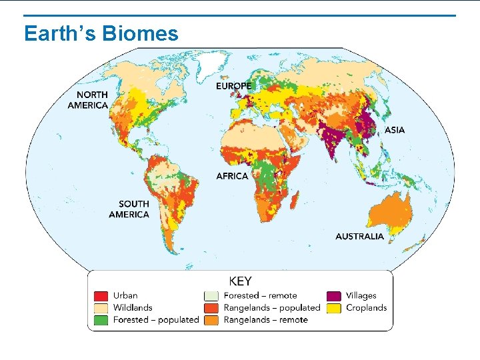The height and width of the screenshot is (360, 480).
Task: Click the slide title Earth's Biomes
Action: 101,33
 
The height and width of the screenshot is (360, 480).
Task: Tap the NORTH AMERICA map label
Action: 87,100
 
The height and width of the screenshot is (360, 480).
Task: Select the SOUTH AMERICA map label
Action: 129,209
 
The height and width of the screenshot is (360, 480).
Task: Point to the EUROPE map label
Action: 233,86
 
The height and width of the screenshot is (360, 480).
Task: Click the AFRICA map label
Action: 232,176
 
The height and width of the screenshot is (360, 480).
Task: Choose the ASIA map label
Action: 394,130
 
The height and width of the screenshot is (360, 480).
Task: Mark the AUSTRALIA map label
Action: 359,236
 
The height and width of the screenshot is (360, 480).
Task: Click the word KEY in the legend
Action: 240,281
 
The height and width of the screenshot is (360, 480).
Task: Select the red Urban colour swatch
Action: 101,296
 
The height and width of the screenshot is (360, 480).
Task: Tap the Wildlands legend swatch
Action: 101,308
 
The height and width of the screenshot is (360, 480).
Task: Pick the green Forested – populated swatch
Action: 101,320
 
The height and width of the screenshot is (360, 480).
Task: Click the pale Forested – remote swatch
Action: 211,296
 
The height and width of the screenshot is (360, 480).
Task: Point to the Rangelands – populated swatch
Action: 211,308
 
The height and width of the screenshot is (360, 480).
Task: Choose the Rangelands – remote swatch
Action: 211,320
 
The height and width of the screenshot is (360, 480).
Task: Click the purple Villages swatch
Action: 333,296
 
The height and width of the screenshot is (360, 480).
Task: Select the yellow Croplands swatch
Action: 333,308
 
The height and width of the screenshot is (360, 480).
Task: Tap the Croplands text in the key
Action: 366,308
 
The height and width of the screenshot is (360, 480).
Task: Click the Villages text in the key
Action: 361,296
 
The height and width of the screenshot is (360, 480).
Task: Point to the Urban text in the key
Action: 125,296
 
